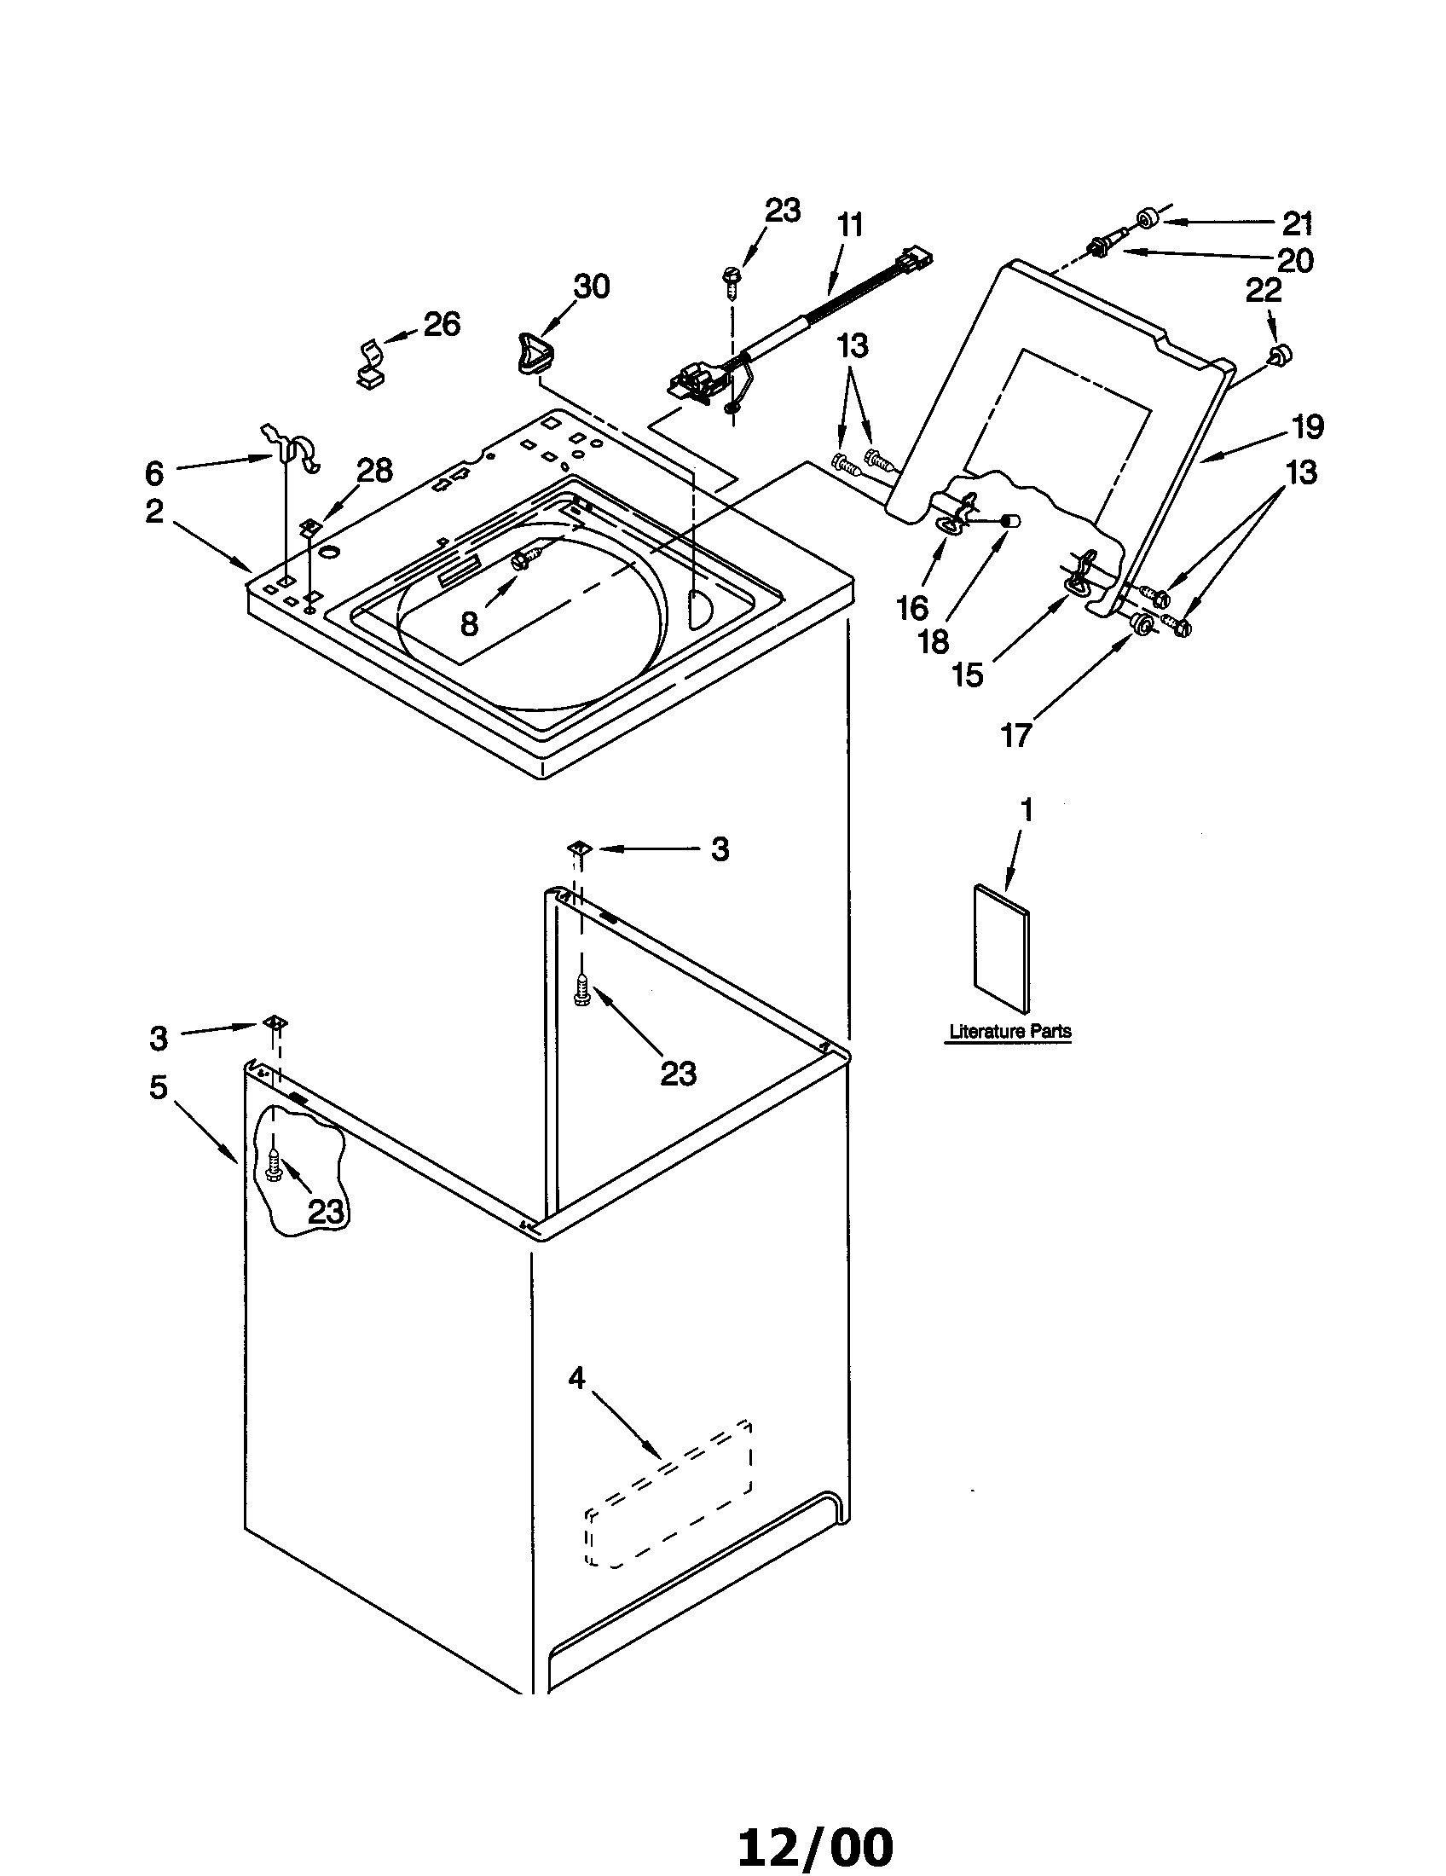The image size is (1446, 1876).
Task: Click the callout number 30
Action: (592, 286)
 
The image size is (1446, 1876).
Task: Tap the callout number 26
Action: (442, 324)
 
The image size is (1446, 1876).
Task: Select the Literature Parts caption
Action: (1009, 1031)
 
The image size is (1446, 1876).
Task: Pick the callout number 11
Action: (849, 225)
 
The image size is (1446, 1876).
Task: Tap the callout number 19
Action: (1307, 427)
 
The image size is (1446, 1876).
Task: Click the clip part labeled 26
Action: (370, 362)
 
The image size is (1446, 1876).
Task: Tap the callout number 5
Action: (159, 1086)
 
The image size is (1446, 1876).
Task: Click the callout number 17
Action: (1015, 735)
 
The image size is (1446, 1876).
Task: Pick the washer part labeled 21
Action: (1147, 222)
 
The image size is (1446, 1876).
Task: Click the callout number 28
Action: (375, 470)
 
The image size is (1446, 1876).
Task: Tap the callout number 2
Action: (153, 511)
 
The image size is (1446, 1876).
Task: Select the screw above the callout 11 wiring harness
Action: (732, 280)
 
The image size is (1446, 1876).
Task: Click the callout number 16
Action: (912, 608)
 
